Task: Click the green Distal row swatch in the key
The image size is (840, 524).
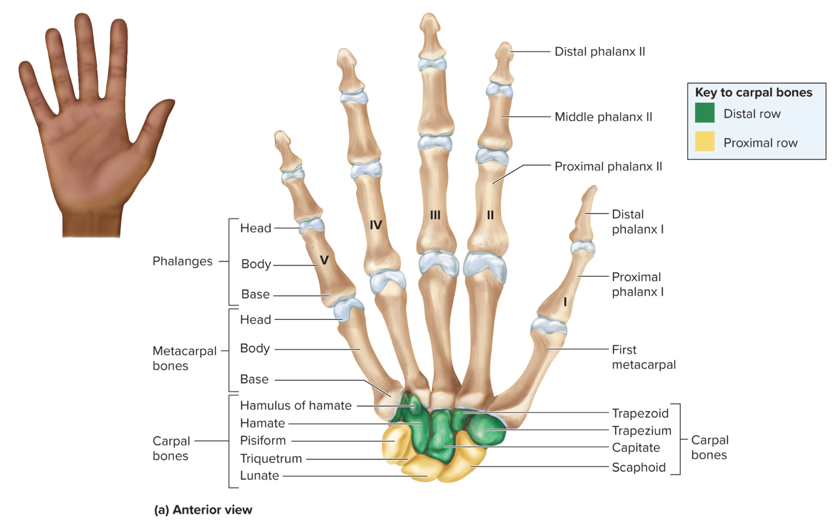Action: coord(704,113)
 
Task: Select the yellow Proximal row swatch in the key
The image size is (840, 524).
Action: coord(704,141)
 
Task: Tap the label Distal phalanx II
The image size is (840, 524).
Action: coord(600,52)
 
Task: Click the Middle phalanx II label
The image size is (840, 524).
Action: coord(603,117)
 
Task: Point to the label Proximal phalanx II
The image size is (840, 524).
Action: coord(608,167)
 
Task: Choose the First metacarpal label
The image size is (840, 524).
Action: coord(643,357)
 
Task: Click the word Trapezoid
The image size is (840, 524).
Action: coord(640,413)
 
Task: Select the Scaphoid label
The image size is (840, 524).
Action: coord(638,467)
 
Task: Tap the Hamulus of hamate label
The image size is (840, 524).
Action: coord(295,405)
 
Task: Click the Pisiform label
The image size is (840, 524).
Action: coord(263,440)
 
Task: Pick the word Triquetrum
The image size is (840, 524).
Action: coord(270,458)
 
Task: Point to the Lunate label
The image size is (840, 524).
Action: coord(259,475)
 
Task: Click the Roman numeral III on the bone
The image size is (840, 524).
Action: coord(435,215)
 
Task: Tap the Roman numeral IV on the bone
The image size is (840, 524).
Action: coord(376,225)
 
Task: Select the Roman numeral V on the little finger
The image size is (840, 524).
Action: coord(324,260)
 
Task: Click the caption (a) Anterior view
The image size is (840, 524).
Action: coord(203,510)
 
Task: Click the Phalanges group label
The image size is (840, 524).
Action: coord(183,261)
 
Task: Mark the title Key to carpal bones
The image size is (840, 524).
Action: coord(753,93)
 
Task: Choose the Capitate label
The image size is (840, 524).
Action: coord(636,448)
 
